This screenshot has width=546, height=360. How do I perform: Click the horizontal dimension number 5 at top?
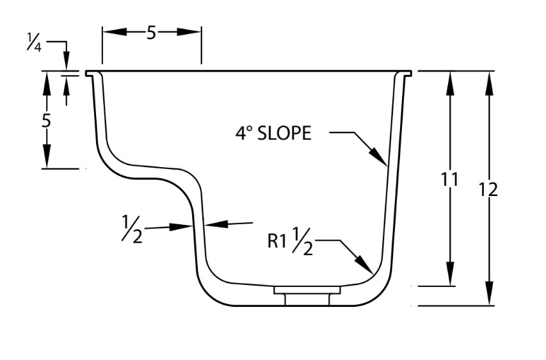coord(151,33)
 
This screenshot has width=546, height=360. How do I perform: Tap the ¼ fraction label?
coord(35,45)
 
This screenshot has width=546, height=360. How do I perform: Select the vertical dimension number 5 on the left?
coord(46,120)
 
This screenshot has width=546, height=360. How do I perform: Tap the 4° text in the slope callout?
coord(244,133)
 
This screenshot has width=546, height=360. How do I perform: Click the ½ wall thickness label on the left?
coord(133,228)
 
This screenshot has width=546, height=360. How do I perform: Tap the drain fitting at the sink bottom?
coord(307,295)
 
